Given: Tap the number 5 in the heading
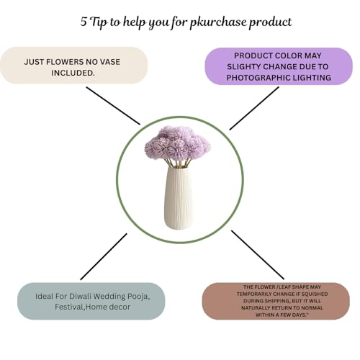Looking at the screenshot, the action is pyautogui.click(x=84, y=22).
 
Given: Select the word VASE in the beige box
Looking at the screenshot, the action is pyautogui.click(x=110, y=62).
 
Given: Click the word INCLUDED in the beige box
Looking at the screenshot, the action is pyautogui.click(x=73, y=73).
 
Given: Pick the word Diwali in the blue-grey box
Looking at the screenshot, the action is pyautogui.click(x=80, y=296).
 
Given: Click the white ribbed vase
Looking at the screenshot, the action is pyautogui.click(x=179, y=198).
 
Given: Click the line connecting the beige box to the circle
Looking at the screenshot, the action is pyautogui.click(x=113, y=106).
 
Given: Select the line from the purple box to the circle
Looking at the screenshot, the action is pyautogui.click(x=254, y=109).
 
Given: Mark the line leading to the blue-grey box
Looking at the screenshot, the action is pyautogui.click(x=104, y=256).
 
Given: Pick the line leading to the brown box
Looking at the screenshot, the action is pyautogui.click(x=258, y=255).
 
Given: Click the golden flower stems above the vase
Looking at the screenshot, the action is pyautogui.click(x=178, y=163).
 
